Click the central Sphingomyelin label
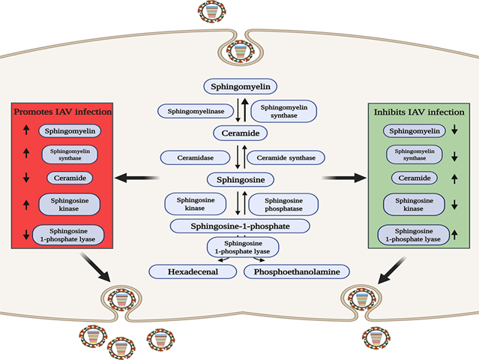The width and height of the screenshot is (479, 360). pyautogui.click(x=240, y=86)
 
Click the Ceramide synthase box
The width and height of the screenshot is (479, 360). pyautogui.click(x=286, y=157)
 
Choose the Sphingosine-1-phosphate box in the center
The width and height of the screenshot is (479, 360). pyautogui.click(x=240, y=226)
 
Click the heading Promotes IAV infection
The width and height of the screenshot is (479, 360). pyautogui.click(x=62, y=112)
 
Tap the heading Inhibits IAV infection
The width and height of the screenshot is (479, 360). pyautogui.click(x=418, y=112)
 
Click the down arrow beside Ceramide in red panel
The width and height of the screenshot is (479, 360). pyautogui.click(x=27, y=178)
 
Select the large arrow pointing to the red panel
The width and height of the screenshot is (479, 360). pyautogui.click(x=136, y=178)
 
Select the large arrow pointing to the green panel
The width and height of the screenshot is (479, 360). pyautogui.click(x=343, y=178)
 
